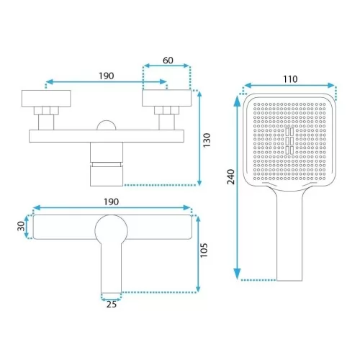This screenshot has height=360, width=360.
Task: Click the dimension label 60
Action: click(x=168, y=60)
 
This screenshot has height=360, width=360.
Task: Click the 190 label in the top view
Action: click(x=107, y=76)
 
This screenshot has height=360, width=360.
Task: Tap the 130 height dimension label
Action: click(x=207, y=140)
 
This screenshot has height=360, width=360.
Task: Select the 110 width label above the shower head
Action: click(x=290, y=79)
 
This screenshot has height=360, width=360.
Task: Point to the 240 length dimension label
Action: click(x=231, y=176)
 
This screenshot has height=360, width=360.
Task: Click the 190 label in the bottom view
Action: click(x=111, y=202)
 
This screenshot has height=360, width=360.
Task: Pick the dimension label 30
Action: click(x=21, y=226)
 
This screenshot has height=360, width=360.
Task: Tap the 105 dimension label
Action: click(x=204, y=251)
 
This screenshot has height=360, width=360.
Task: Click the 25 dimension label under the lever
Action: click(x=111, y=305)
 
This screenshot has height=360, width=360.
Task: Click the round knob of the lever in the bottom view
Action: click(x=111, y=230)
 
